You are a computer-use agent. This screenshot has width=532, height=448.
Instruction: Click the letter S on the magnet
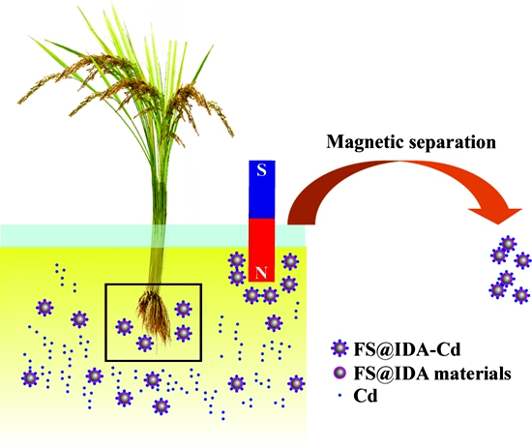coord(261,169)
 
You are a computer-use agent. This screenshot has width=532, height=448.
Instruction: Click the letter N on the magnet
coord(261,273)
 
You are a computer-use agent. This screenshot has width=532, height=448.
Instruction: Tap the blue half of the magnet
coord(261,189)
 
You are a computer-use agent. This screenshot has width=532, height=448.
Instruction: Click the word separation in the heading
coord(452,143)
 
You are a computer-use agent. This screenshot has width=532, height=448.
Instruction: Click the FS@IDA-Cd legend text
coord(407,349)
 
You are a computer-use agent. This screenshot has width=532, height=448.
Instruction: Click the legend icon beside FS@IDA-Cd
coord(340,348)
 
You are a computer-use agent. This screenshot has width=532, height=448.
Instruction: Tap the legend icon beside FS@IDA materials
coord(340,373)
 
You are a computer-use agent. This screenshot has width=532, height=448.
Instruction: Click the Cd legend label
coord(365,396)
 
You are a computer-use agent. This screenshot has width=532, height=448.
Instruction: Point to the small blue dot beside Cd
coord(340,396)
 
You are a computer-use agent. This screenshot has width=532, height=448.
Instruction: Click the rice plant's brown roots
coord(154,317)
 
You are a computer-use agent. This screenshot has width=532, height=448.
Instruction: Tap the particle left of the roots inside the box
coord(124,327)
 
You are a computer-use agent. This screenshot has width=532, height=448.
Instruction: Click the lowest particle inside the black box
coord(145,343)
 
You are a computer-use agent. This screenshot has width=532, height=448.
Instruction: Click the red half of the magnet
coord(261,250)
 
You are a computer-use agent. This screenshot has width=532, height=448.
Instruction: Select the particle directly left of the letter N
coord(237,277)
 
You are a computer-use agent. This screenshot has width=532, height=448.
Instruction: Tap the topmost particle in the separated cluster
coord(508,244)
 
